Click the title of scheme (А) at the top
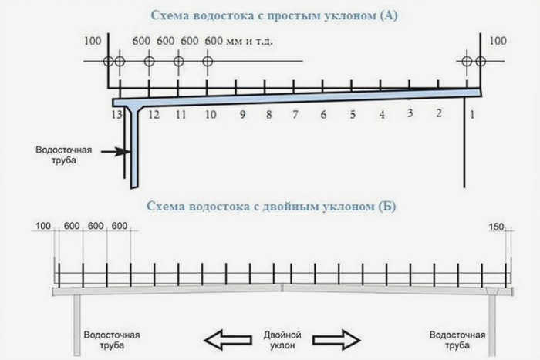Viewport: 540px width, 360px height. pos(274,15)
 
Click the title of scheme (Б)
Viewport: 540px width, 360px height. pos(272,206)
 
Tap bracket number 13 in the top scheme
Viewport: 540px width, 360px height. pos(116,114)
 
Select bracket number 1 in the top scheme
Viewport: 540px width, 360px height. pos(472,115)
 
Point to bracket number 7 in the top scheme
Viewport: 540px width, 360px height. pos(295,114)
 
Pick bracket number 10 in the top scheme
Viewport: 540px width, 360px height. pos(211,114)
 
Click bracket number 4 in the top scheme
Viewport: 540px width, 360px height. pos(382,114)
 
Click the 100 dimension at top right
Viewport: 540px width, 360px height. pos(498,41)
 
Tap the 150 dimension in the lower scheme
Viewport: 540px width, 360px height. pos(496,227)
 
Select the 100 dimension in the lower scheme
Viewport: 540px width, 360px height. pos(43,226)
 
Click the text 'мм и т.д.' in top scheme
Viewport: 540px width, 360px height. pos(249,42)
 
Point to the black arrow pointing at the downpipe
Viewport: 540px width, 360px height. pos(116,151)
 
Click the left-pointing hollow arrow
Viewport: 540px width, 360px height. pos(228,340)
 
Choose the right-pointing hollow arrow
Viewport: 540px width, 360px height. pos(336,340)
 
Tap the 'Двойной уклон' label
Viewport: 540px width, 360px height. pos(282,340)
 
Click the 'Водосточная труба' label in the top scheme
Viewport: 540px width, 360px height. pos(64,155)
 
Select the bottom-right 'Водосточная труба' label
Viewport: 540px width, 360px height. pos(457,340)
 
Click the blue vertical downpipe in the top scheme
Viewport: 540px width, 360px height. pos(134,148)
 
